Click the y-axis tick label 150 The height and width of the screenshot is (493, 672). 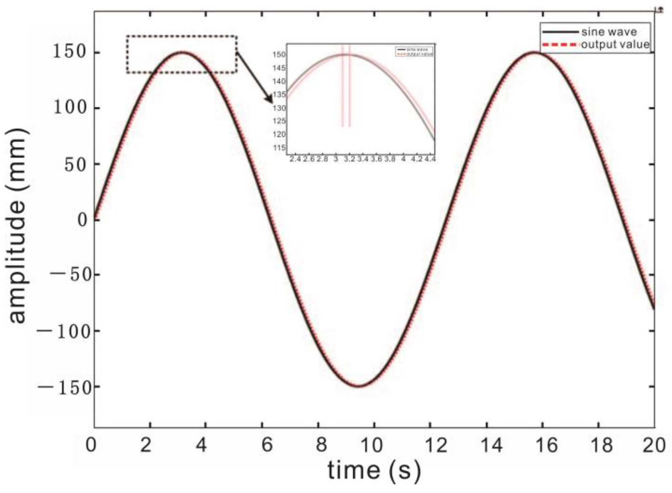click(69, 52)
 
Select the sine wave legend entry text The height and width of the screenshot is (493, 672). click(609, 32)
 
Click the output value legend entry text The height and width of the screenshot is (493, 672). click(615, 45)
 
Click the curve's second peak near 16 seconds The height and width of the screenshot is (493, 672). click(534, 52)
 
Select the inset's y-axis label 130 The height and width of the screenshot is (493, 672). click(279, 108)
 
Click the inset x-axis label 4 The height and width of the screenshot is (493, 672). click(403, 159)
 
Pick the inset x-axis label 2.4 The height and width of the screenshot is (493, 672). click(295, 159)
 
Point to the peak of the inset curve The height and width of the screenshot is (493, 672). click(346, 55)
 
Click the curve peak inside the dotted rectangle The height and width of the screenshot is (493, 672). click(182, 52)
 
